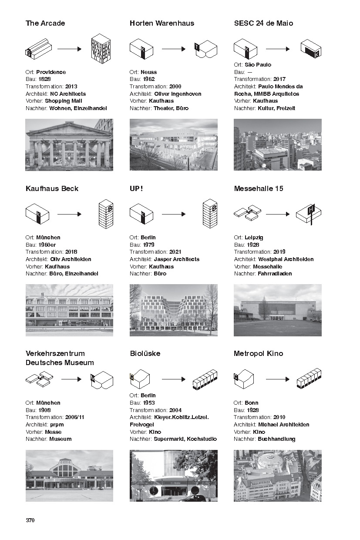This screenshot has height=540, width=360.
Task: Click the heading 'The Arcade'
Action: click(45, 23)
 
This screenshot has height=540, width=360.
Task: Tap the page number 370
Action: click(30, 520)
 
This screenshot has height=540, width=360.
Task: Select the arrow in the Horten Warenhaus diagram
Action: click(174, 49)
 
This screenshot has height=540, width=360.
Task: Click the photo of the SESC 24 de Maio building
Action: click(277, 144)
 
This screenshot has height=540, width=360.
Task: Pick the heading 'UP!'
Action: click(136, 188)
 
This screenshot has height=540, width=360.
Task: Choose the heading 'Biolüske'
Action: click(145, 353)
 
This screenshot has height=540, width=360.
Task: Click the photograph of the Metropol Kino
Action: click(277, 476)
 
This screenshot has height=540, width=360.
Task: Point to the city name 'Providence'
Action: click(51, 72)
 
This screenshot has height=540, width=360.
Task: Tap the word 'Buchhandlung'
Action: click(276, 439)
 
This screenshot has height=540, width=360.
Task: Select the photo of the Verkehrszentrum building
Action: click(69, 476)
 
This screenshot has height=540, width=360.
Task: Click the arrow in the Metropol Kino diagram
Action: click(278, 379)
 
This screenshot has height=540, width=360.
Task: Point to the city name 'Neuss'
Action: click(149, 72)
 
